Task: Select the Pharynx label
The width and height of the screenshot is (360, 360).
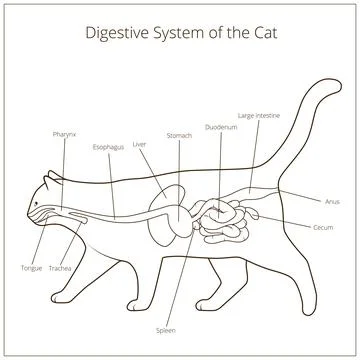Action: click(x=65, y=133)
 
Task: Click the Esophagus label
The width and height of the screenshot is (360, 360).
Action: click(x=107, y=146)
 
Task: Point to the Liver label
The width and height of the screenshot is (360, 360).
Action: click(x=139, y=144)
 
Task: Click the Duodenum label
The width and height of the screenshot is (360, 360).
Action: click(x=220, y=127)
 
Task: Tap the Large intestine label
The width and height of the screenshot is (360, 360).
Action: click(x=259, y=115)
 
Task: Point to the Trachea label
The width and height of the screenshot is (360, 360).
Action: click(x=60, y=268)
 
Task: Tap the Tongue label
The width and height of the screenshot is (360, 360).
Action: click(x=31, y=268)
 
